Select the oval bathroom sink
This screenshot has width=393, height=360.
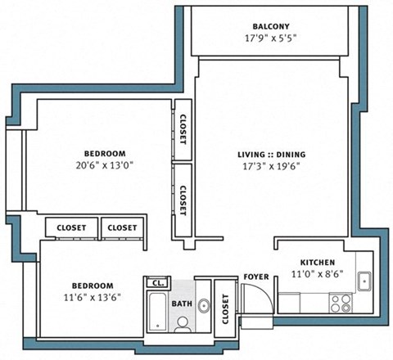(x=203, y=308)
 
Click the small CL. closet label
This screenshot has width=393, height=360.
(x=157, y=283)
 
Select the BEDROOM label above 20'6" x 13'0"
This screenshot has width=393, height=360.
(x=104, y=152)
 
